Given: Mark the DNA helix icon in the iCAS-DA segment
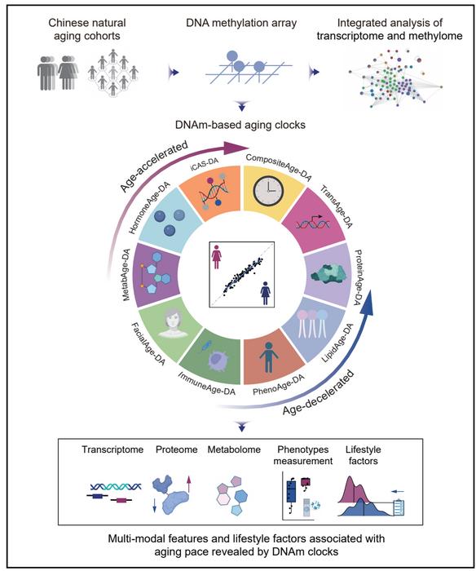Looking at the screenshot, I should click(x=208, y=195).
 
